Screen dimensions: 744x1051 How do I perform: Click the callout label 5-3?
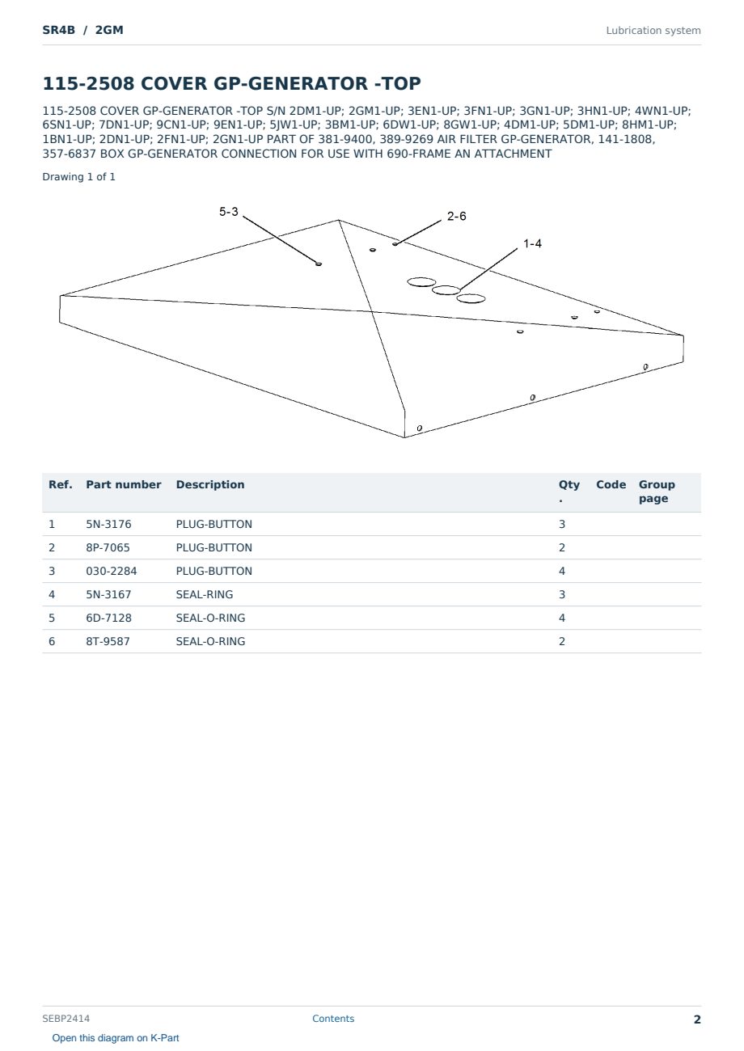coord(229,212)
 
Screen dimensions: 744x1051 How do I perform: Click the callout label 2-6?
coord(456,217)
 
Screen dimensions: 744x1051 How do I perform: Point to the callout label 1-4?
coord(532,243)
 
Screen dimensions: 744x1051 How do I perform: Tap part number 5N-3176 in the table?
coord(108,524)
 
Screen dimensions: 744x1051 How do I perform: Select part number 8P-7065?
coord(108,547)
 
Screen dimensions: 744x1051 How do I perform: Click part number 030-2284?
coord(112,571)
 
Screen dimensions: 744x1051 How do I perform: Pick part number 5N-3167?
coord(108,594)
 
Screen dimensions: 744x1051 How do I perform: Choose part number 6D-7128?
coord(109,618)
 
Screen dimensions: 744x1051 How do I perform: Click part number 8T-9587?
coord(108,641)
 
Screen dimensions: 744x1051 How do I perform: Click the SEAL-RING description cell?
coord(205,594)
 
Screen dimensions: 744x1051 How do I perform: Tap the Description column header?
coord(210,485)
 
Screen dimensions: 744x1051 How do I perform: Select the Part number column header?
coord(124,485)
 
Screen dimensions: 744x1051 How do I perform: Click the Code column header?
coord(611,485)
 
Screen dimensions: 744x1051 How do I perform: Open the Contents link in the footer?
coord(333,1019)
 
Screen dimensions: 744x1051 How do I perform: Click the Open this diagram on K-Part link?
coord(116,1038)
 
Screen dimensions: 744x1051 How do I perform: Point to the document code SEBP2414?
coord(66,1019)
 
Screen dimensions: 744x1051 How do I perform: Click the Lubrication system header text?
coord(653,31)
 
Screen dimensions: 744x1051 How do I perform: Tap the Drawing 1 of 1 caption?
coord(79,177)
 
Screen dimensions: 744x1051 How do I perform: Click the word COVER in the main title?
coord(174,83)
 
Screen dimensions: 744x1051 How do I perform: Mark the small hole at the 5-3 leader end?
coord(319,264)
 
